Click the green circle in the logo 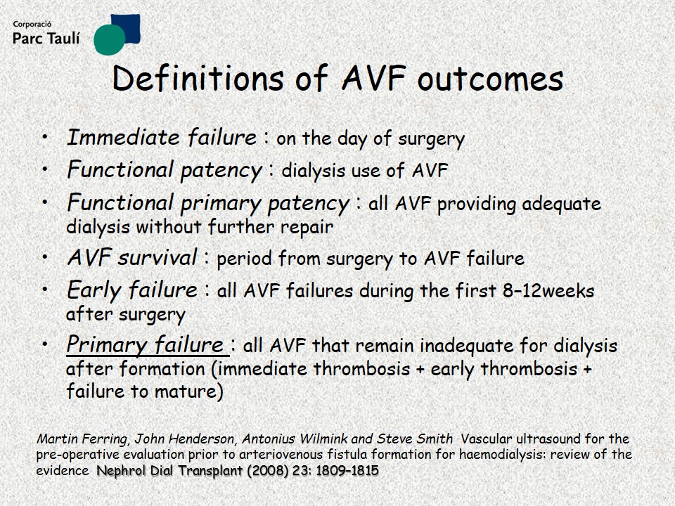[x=110, y=39]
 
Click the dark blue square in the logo [x=127, y=28]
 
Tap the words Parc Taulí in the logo [x=46, y=39]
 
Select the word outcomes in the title [x=490, y=79]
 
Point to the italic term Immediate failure [x=162, y=138]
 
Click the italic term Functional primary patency [x=208, y=204]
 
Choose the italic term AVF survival [x=132, y=258]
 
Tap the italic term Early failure [x=132, y=290]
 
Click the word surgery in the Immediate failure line [x=431, y=139]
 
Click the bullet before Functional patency [x=46, y=169]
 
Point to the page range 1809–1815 [x=347, y=470]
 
